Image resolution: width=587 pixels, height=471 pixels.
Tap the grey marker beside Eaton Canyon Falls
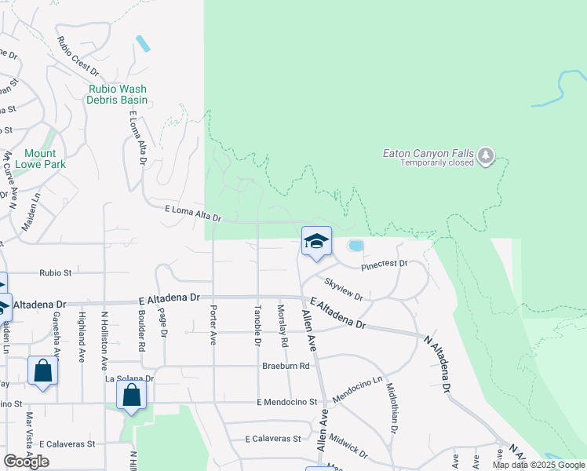click(x=487, y=155)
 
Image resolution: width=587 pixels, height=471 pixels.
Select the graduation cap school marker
click(x=316, y=241)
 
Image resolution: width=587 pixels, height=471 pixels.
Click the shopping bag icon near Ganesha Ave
click(x=42, y=371)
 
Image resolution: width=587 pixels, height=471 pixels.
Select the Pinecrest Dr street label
click(x=385, y=265)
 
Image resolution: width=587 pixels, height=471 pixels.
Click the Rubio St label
click(x=56, y=273)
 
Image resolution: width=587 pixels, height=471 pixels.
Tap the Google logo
click(x=27, y=462)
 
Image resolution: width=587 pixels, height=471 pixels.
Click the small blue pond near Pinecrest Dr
click(x=355, y=246)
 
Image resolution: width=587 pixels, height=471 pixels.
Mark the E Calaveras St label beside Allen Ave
click(x=273, y=439)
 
